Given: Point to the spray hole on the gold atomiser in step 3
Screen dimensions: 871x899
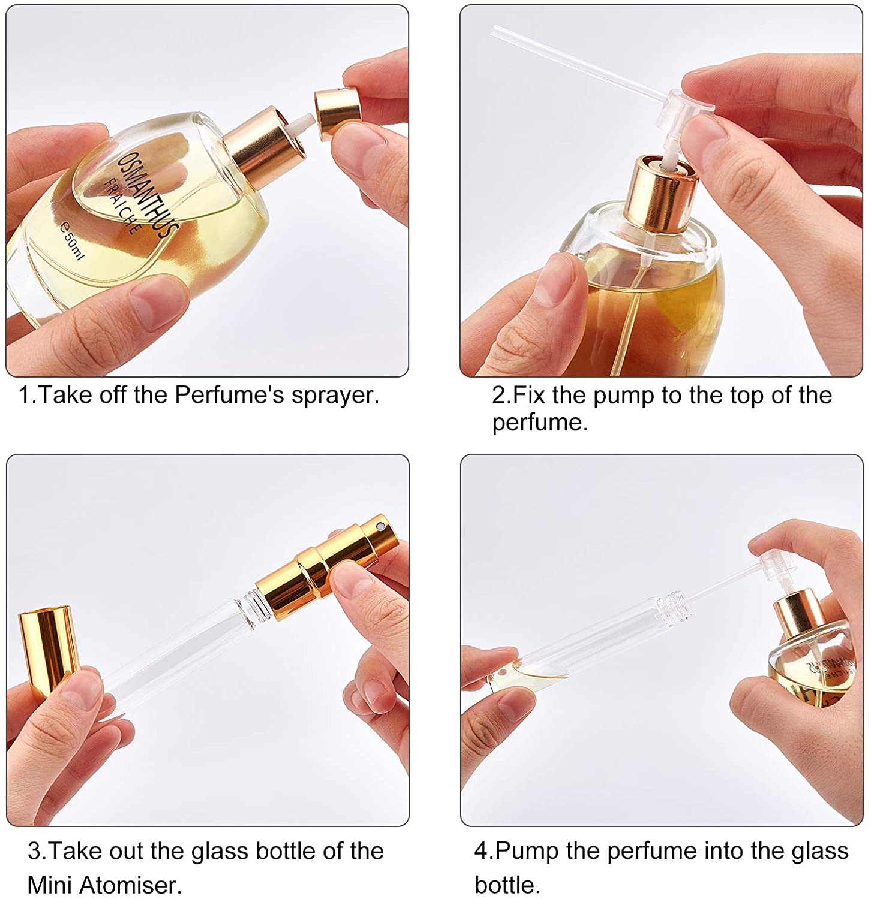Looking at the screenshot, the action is (x=380, y=526).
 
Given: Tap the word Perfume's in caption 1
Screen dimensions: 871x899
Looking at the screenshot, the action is (x=229, y=395).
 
